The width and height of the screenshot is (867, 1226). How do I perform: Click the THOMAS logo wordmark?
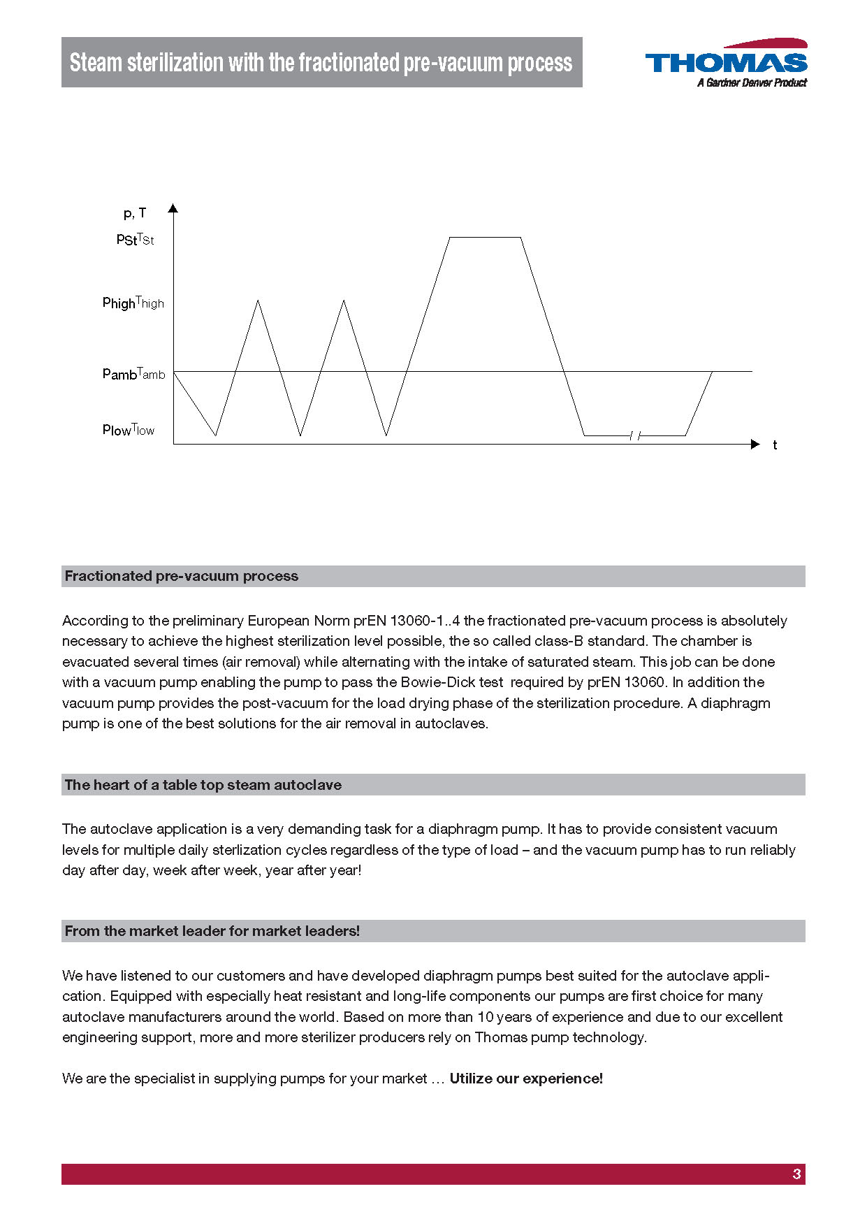[x=726, y=63]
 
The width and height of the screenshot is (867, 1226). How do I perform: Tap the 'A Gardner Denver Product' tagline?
[x=752, y=83]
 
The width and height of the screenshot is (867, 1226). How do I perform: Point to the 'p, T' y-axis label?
[x=135, y=213]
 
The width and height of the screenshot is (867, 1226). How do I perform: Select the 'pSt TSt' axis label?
[x=135, y=240]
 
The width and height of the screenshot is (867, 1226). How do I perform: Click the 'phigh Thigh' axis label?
[x=133, y=303]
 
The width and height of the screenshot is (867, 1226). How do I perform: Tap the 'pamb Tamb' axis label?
[x=133, y=374]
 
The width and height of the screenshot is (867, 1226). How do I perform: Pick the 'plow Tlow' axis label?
[x=128, y=430]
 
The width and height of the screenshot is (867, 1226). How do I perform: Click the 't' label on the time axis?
[x=775, y=445]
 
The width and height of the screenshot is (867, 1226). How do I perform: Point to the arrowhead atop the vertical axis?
[x=173, y=208]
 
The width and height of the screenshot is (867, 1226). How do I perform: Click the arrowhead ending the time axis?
[x=755, y=444]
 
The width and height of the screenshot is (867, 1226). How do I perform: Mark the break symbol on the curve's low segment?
[x=635, y=436]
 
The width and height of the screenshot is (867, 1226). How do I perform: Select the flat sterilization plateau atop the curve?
[x=485, y=238]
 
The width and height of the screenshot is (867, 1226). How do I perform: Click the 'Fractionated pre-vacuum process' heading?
[x=182, y=576]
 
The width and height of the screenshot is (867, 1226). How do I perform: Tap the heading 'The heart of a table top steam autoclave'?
[x=203, y=785]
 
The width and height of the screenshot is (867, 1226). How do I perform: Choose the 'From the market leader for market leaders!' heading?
[x=212, y=931]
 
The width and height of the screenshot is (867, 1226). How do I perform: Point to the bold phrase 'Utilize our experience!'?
[x=526, y=1079]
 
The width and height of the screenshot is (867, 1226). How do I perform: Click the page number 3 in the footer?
[x=796, y=1174]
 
